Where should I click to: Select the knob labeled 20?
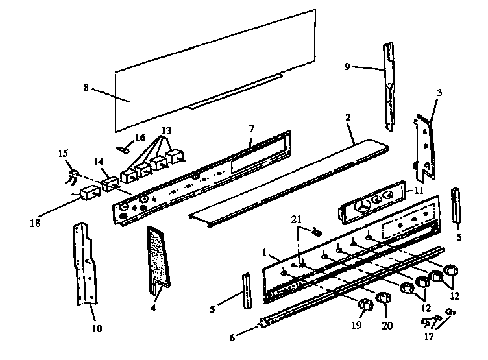(384, 298)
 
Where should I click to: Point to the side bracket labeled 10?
(86, 263)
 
